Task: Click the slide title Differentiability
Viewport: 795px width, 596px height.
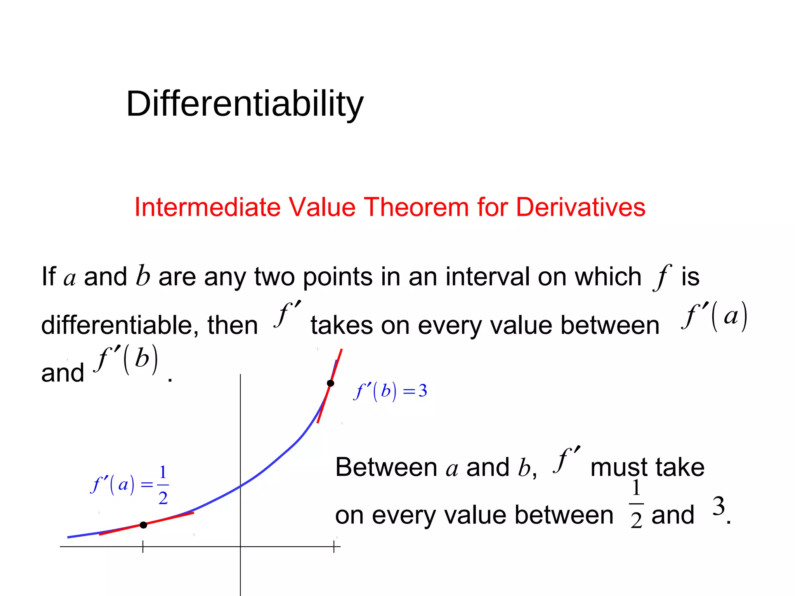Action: [245, 104]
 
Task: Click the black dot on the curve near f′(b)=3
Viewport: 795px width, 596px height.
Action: [330, 383]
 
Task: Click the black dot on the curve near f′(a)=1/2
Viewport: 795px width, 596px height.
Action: [143, 525]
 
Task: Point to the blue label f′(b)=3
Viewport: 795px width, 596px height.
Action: [390, 391]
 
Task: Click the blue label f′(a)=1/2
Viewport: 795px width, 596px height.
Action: [130, 485]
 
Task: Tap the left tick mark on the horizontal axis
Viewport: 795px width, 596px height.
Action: [143, 547]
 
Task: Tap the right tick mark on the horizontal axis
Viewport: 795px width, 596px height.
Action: [334, 547]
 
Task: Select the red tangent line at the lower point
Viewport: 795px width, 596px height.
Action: [175, 517]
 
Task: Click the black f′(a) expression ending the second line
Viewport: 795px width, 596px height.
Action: [714, 316]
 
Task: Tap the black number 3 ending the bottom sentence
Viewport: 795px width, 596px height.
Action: [719, 506]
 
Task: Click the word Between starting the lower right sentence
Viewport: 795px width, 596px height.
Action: [386, 467]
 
